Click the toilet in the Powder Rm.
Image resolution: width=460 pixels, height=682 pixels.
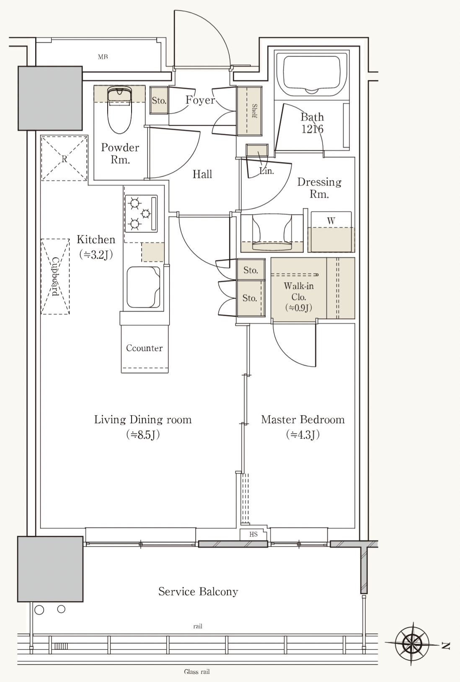pyautogui.click(x=120, y=110)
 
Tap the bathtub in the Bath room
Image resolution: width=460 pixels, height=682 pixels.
pyautogui.click(x=312, y=74)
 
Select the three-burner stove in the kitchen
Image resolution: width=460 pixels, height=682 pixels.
pyautogui.click(x=141, y=213)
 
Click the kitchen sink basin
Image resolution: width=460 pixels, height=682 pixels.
pyautogui.click(x=143, y=287)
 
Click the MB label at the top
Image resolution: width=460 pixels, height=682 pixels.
pyautogui.click(x=103, y=57)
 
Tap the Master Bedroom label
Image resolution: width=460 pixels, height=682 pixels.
pyautogui.click(x=303, y=420)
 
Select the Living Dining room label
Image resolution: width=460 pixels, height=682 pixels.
pyautogui.click(x=143, y=420)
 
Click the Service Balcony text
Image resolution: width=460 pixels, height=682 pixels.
pyautogui.click(x=198, y=591)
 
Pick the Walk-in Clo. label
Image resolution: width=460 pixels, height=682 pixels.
pyautogui.click(x=298, y=292)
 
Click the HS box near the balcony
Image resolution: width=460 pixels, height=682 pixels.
pyautogui.click(x=253, y=535)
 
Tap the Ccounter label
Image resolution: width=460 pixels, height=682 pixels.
pyautogui.click(x=144, y=348)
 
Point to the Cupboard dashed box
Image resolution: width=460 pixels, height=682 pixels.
pyautogui.click(x=55, y=276)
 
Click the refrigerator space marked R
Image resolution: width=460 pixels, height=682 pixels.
pyautogui.click(x=64, y=158)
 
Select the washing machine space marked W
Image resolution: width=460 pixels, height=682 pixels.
pyautogui.click(x=331, y=232)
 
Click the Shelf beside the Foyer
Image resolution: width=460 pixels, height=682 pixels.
pyautogui.click(x=249, y=111)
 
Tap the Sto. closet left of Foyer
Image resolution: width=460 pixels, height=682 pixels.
pyautogui.click(x=159, y=100)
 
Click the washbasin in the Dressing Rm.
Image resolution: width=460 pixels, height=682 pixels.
pyautogui.click(x=272, y=233)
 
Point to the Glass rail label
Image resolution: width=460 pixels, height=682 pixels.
pyautogui.click(x=197, y=672)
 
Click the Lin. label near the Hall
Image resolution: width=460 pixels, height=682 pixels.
pyautogui.click(x=267, y=171)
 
